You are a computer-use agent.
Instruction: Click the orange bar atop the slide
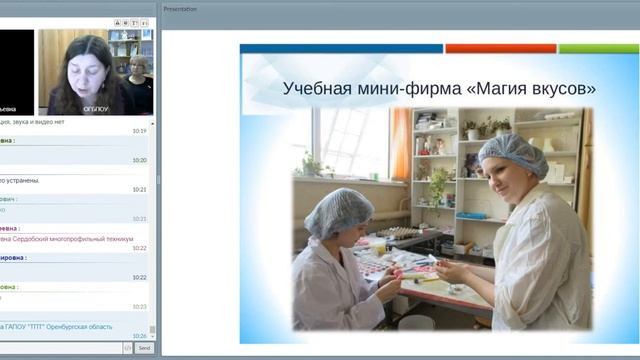point(500,48)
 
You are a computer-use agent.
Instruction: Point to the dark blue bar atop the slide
point(341,48)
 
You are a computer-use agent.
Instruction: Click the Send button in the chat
point(144,347)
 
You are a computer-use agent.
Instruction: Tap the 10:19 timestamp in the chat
point(139,131)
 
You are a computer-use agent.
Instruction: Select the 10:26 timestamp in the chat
point(139,335)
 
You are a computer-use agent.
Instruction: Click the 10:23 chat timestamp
point(139,306)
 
